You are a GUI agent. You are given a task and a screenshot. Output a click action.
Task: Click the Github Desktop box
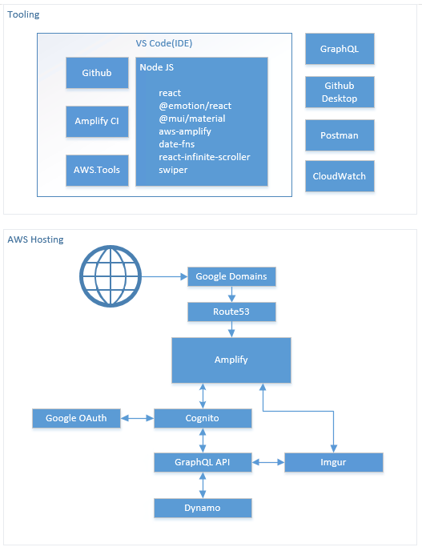point(340,92)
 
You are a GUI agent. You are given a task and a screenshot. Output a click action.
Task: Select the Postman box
point(340,135)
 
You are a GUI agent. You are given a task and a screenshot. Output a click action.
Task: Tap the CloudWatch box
point(340,176)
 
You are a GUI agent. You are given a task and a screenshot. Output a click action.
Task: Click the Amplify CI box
point(97,121)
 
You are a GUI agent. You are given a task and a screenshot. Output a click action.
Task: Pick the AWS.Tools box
point(97,170)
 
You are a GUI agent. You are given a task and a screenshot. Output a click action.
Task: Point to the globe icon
point(111,276)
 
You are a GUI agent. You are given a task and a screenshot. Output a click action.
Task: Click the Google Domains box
point(231,276)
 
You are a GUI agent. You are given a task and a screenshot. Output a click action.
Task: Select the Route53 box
point(231,312)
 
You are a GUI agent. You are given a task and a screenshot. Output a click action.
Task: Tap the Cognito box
point(203,418)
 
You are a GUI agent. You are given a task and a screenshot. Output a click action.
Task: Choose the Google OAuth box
point(76,418)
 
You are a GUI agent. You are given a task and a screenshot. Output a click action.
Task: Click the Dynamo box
point(203,508)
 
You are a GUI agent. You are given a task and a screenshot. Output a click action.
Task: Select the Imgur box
point(333,462)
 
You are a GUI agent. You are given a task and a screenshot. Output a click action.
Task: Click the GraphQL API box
point(203,462)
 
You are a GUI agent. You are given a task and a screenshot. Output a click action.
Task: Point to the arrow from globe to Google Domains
point(164,276)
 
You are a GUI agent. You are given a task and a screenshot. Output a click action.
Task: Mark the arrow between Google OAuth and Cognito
point(138,418)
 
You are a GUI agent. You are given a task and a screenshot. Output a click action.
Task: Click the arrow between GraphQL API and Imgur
point(268,462)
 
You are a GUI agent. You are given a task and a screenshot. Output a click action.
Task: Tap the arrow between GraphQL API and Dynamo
point(203,485)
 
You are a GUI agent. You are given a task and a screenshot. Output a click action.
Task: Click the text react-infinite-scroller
point(204,157)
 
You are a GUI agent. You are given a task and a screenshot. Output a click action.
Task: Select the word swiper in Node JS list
point(173,170)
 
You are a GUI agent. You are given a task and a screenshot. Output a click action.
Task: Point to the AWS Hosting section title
point(35,239)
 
